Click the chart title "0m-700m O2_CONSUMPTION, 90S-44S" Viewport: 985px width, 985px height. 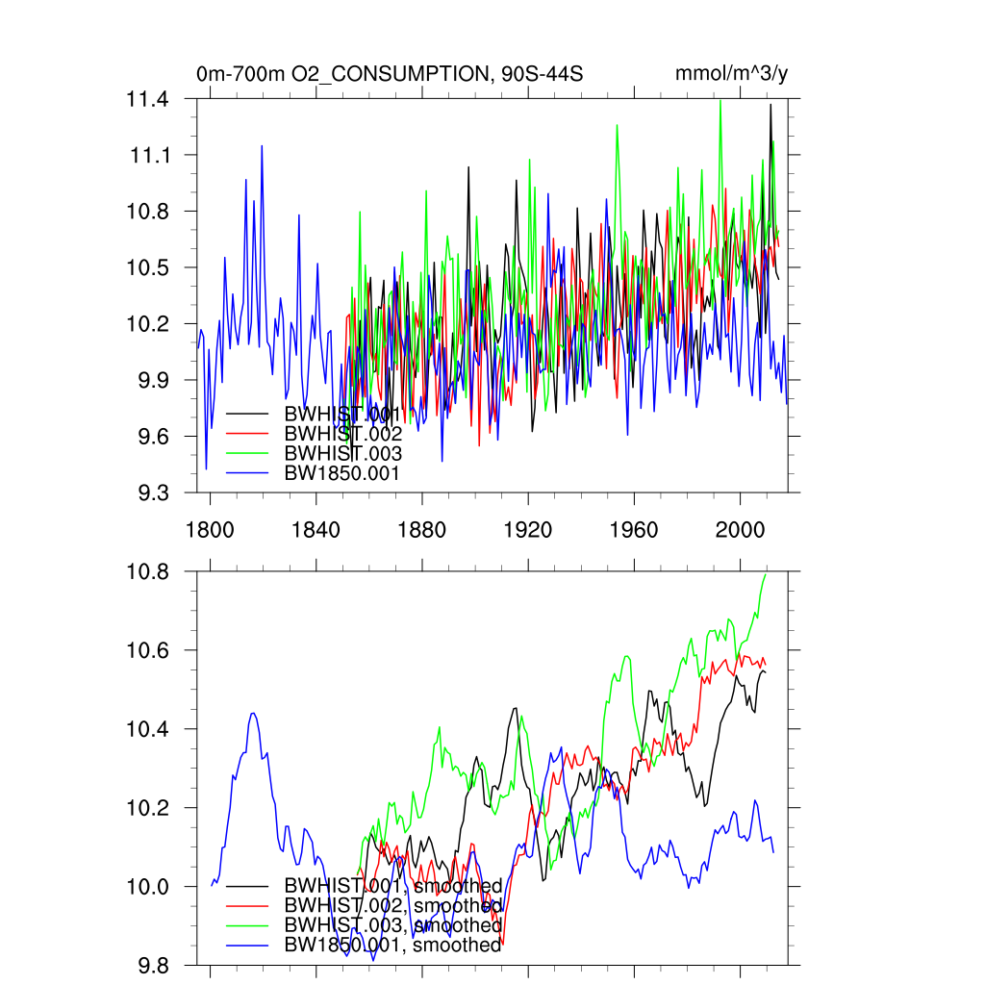(x=390, y=74)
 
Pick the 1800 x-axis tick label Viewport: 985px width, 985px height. (x=210, y=530)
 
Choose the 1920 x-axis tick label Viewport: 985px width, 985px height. (x=528, y=530)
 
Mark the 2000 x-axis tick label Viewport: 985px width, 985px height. (x=741, y=530)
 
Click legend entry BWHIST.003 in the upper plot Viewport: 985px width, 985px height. (x=342, y=453)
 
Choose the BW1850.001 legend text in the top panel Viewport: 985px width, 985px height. (x=342, y=472)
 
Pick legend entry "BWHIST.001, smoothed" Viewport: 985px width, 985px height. (x=393, y=885)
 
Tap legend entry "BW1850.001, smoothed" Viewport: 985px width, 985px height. (x=393, y=945)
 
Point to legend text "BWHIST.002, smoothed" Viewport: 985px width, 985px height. (x=393, y=905)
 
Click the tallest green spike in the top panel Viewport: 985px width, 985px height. (x=720, y=100)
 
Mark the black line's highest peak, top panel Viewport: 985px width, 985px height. (x=770, y=105)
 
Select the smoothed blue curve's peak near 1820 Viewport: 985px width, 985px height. (x=253, y=713)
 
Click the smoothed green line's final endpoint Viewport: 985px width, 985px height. (x=767, y=573)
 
